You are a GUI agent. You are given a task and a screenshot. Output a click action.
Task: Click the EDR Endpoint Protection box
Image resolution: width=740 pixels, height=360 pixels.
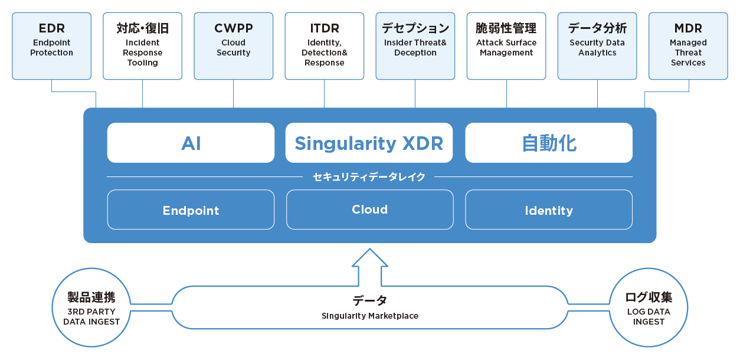pyautogui.click(x=51, y=46)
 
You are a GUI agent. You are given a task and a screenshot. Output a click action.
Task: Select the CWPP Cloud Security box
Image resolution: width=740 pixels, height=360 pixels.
pyautogui.click(x=234, y=46)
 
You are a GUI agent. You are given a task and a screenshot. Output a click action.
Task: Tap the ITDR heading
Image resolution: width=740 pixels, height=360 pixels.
pyautogui.click(x=325, y=28)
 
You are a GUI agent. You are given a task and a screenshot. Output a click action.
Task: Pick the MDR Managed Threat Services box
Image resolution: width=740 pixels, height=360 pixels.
pyautogui.click(x=688, y=46)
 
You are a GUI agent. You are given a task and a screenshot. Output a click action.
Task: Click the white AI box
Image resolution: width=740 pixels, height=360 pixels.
pyautogui.click(x=191, y=143)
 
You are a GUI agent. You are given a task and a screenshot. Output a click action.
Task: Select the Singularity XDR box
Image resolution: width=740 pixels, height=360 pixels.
pyautogui.click(x=369, y=143)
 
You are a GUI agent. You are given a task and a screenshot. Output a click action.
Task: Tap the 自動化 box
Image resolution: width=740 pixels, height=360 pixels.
pyautogui.click(x=549, y=143)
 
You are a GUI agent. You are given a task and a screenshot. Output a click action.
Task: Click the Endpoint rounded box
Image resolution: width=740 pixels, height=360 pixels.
pyautogui.click(x=191, y=210)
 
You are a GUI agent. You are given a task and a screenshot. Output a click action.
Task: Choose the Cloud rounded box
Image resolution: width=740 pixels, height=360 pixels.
pyautogui.click(x=369, y=210)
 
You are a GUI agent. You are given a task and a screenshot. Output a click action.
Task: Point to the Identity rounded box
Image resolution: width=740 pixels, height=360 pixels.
pyautogui.click(x=549, y=210)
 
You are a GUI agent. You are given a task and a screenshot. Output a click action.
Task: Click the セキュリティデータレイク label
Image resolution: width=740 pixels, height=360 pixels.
pyautogui.click(x=369, y=177)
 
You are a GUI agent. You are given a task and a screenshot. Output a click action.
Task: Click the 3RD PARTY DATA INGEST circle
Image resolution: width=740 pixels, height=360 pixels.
pyautogui.click(x=91, y=269)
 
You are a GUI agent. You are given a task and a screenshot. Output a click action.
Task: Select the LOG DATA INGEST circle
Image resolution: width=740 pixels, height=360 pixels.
pyautogui.click(x=649, y=269)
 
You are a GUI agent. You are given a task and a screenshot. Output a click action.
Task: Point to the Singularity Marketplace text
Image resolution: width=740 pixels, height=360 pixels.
pyautogui.click(x=370, y=316)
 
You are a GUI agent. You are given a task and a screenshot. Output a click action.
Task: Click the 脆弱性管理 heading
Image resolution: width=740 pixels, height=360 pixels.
pyautogui.click(x=506, y=28)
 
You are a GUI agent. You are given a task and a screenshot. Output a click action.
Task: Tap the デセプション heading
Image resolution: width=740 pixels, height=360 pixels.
pyautogui.click(x=415, y=28)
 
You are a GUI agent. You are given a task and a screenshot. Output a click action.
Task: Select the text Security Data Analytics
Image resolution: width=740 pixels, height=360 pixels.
pyautogui.click(x=597, y=48)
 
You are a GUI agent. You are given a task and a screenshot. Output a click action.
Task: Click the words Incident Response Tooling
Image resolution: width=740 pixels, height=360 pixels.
pyautogui.click(x=143, y=53)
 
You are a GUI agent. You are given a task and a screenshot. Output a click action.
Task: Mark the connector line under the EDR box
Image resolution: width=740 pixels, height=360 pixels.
pyautogui.click(x=74, y=91)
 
